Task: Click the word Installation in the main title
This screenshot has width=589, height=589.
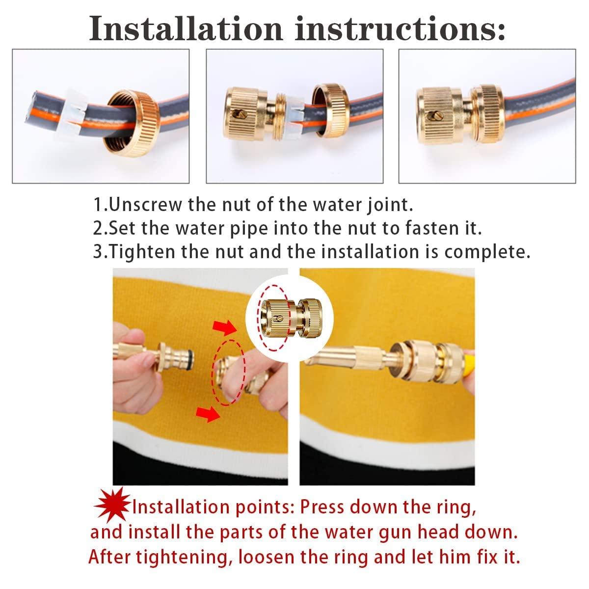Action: (186, 28)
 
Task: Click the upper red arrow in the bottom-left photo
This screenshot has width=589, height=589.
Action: (225, 327)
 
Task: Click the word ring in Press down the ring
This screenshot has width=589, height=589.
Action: (455, 507)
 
